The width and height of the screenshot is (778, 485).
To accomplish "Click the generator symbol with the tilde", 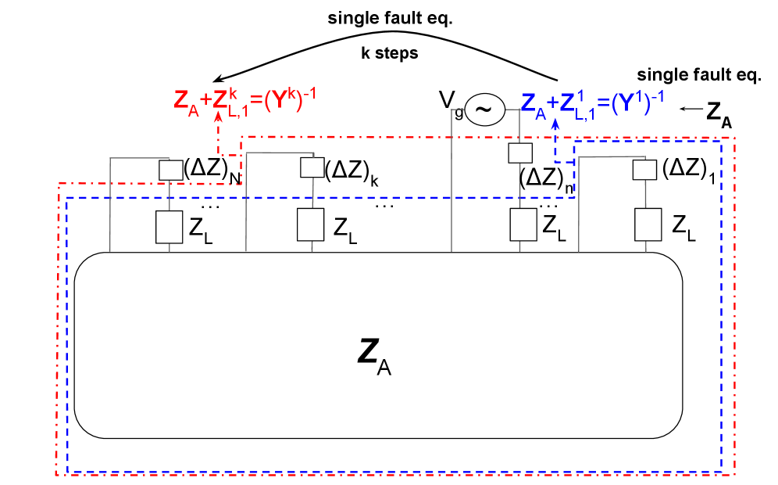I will [x=484, y=110].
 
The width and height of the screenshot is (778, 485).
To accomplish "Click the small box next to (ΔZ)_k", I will [x=311, y=167].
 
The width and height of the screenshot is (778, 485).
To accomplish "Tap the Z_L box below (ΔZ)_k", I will [x=311, y=225].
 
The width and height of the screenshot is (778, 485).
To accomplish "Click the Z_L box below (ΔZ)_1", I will [x=648, y=225].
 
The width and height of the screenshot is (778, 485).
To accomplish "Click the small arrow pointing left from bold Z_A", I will [x=690, y=110].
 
